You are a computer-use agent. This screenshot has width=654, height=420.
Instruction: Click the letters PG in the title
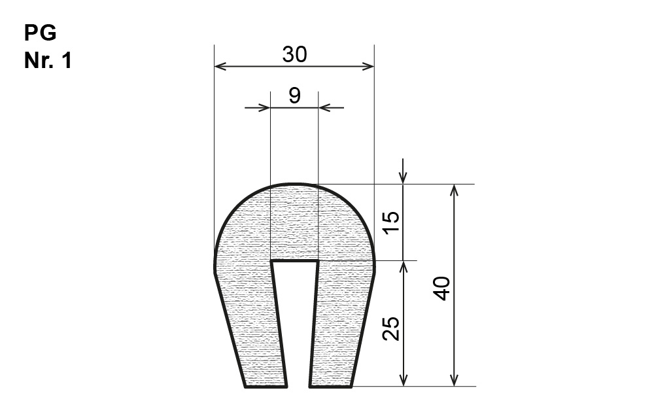[x=40, y=33]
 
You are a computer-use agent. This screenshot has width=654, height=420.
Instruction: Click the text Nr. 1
[x=48, y=60]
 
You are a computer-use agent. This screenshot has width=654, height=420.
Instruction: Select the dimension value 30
[x=294, y=55]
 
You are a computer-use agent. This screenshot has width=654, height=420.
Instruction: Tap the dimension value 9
[x=294, y=96]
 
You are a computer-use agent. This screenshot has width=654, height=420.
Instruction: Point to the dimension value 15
[x=391, y=222]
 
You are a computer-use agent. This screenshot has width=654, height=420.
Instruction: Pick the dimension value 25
[x=391, y=328]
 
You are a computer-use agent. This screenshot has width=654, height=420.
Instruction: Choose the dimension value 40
[x=442, y=289]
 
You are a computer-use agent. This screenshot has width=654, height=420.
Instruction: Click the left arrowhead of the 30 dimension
[x=220, y=66]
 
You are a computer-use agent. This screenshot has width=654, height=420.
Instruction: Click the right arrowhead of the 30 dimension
[x=368, y=66]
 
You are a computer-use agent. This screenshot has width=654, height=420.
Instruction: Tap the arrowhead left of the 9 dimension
[x=264, y=107]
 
